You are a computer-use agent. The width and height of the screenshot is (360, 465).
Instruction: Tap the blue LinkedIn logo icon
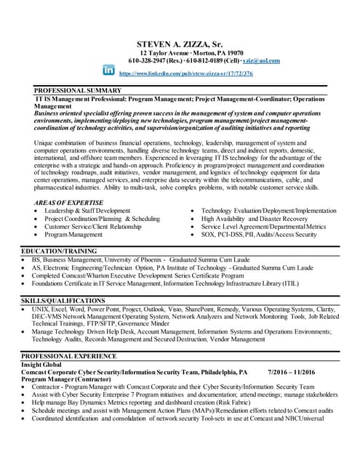tap(109, 70)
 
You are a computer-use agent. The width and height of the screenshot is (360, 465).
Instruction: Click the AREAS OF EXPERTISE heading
tap(69, 202)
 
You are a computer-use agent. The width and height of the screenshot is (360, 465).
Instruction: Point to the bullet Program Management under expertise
tap(73, 235)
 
